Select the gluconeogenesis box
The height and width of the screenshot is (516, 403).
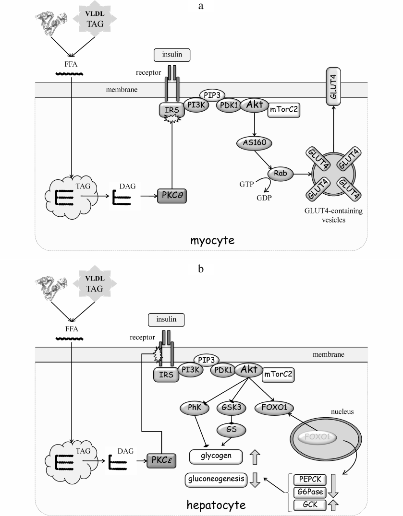(216, 478)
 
